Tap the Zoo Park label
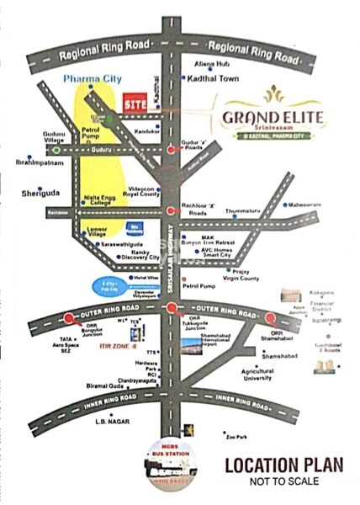[236, 437]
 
